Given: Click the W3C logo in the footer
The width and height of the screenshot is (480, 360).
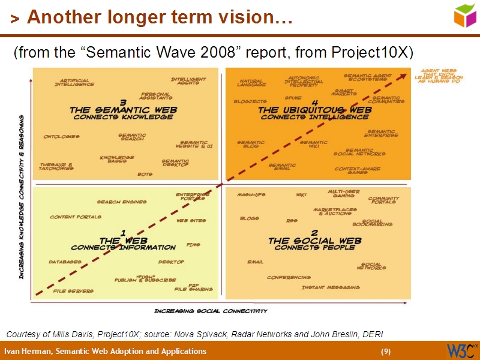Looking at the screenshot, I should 461,350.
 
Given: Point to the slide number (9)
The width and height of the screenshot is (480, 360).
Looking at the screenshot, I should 386,351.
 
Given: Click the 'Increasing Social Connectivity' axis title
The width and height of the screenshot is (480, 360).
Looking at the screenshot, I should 211,311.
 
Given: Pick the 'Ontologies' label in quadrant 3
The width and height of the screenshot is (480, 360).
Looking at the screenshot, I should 62,136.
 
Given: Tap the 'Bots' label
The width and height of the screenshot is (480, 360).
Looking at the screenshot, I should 145,174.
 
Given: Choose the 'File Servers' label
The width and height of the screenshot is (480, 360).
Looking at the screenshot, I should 73,290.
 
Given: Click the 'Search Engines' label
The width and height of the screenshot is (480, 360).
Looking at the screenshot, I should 122,202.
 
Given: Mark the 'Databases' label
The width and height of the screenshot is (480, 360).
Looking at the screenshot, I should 65,262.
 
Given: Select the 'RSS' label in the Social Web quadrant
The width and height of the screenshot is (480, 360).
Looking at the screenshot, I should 292,220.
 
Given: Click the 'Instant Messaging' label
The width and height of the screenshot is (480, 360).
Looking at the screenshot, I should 331,287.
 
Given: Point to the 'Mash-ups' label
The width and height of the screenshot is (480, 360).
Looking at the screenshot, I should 251,195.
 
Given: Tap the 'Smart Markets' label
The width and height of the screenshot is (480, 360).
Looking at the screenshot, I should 344,92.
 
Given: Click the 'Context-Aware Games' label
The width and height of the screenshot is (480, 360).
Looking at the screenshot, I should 358,170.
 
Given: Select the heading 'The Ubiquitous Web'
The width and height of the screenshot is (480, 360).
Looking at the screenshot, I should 315,110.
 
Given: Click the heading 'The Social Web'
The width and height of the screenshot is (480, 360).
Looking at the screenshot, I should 314,241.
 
